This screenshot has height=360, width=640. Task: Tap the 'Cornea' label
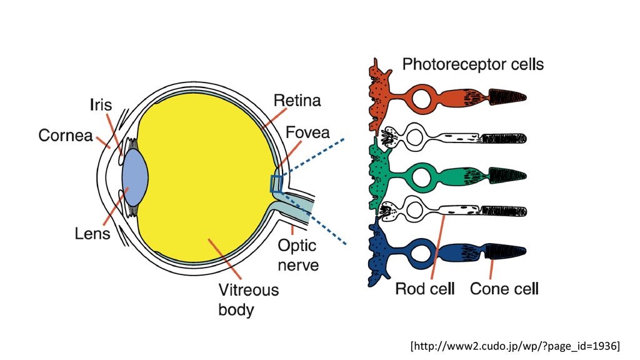tap(66, 135)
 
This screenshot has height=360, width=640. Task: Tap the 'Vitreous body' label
tap(248, 299)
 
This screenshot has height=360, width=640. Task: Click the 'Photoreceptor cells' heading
tap(472, 64)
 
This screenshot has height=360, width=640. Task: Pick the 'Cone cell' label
tap(504, 289)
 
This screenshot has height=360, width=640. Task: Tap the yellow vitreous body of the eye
tap(206, 175)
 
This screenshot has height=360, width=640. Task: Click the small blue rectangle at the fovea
tap(276, 184)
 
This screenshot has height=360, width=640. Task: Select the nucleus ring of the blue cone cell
tap(422, 253)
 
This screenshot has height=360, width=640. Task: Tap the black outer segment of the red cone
tap(507, 97)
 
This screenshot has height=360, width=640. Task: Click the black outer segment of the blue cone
tap(507, 252)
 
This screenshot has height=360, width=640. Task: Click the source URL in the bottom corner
tap(515, 345)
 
